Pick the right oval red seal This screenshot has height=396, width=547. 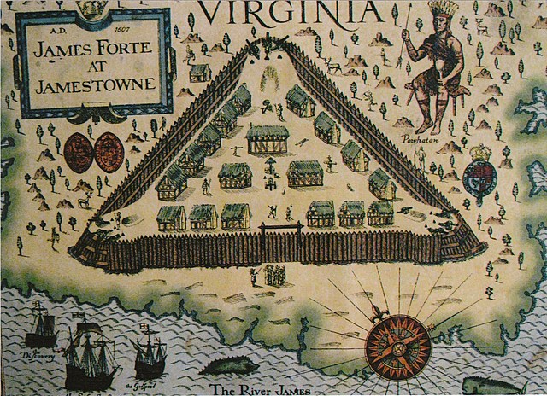coord(109,152)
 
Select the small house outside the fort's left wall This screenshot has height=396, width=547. coord(200,72)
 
